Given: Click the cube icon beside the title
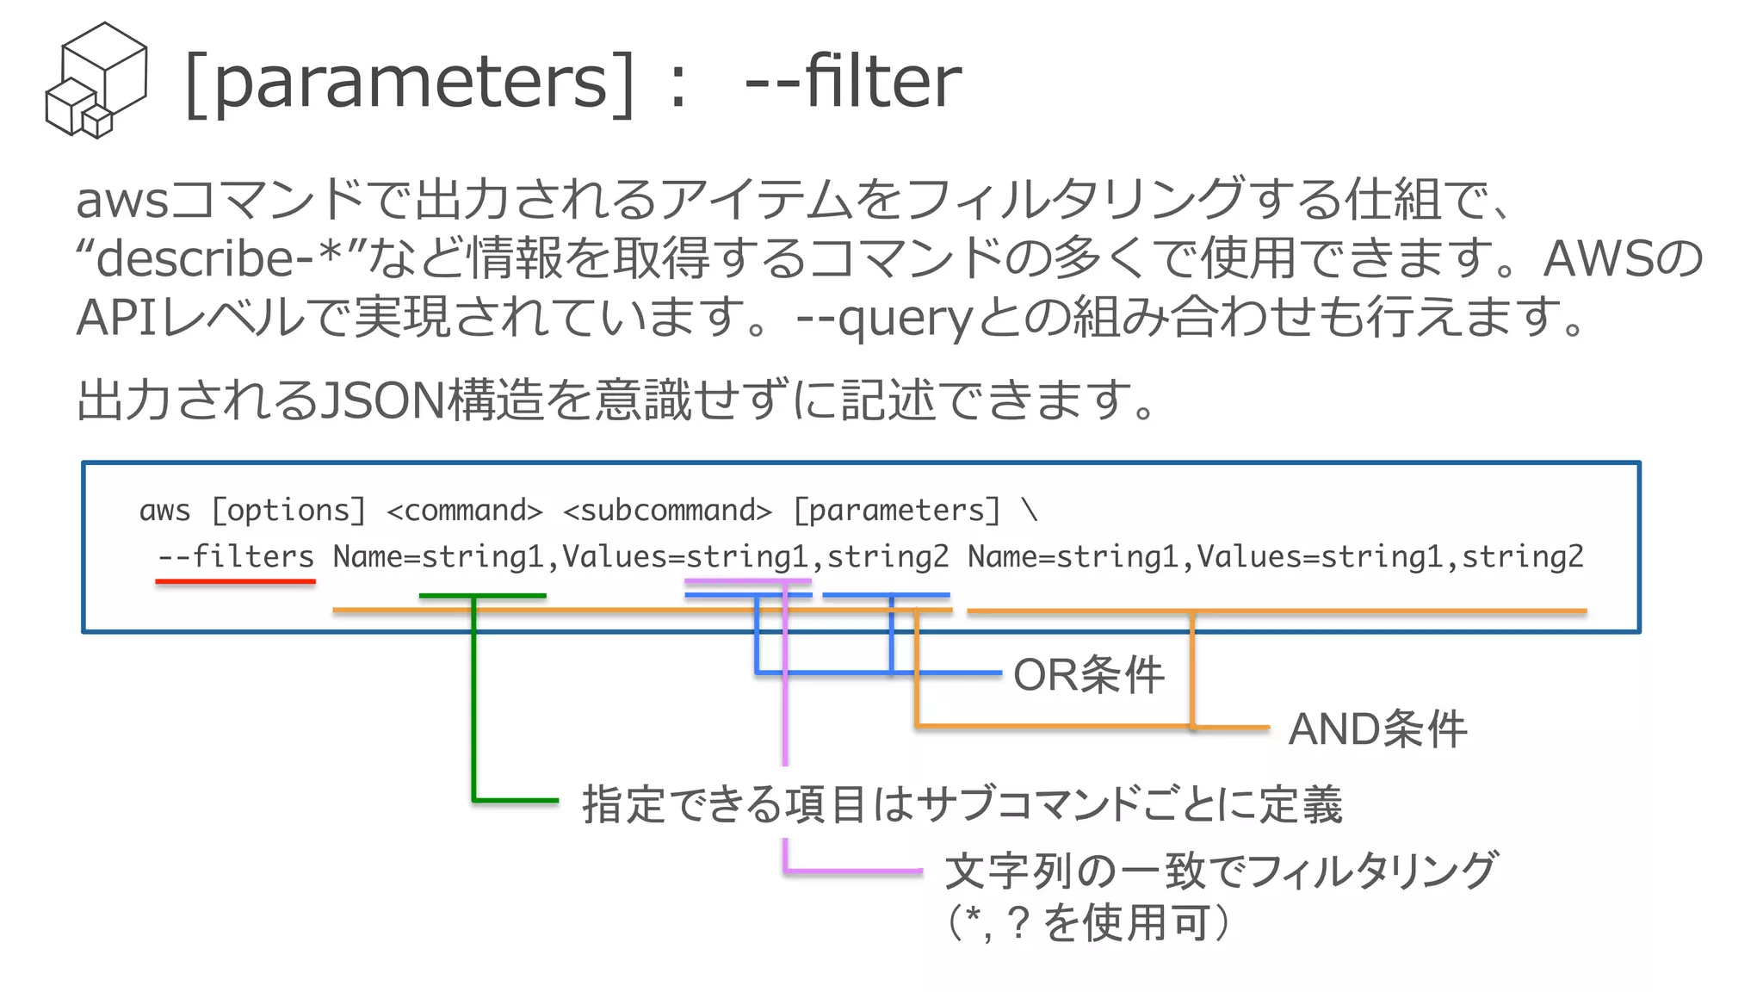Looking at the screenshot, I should pos(96,80).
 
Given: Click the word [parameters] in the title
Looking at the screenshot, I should pos(410,82).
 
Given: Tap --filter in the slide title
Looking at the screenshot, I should pos(852,82).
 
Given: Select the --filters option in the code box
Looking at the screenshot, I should pos(236,557).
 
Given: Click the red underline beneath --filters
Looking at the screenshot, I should pos(235,582).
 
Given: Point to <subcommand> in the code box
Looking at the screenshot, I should pos(667,511).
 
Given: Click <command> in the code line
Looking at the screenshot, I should pos(465,511).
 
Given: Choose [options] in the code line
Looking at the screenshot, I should pos(289,511).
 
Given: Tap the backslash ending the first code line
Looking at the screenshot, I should pos(1030,511).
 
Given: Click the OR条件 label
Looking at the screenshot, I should pos(1088,674).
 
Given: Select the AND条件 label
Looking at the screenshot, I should pos(1376,729).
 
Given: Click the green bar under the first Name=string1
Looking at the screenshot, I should pos(482,595).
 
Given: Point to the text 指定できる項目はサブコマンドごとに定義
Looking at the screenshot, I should pos(962,804).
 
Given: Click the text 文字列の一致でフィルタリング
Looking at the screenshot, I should pos(1221,871).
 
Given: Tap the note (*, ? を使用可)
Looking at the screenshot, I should pos(1088,922).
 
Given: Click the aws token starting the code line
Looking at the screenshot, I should pos(164,511).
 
